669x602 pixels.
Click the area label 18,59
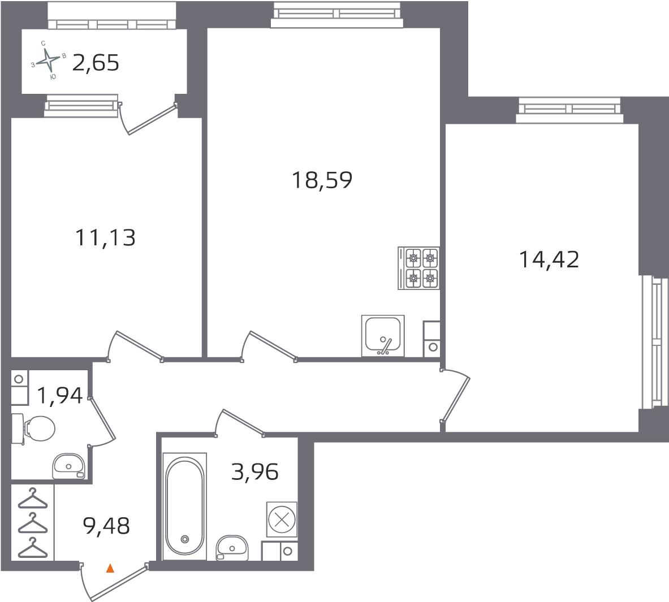322,180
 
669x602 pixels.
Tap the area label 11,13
105,238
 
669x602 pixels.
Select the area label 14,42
549,260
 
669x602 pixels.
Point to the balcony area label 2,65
96,63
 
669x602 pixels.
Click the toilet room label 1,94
59,396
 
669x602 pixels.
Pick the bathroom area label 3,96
254,471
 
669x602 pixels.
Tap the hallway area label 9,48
106,527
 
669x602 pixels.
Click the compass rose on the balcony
50,59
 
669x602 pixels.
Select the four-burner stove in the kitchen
418,268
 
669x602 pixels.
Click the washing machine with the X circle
281,518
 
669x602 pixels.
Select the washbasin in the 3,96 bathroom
232,547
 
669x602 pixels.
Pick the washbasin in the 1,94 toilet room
68,466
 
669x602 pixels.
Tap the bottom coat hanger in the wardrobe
32,548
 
